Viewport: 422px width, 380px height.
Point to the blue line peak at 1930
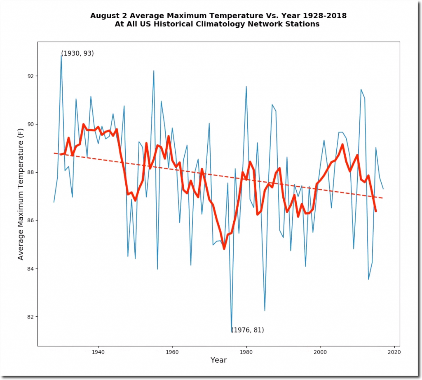61,55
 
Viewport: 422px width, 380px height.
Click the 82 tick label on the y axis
31,317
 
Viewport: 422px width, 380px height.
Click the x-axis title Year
218,360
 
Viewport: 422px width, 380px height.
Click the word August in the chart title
105,16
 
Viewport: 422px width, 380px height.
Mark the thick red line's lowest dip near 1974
224,249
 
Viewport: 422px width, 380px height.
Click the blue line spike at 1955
154,71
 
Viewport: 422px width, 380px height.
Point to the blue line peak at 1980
246,87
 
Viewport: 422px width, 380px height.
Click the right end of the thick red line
376,211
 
